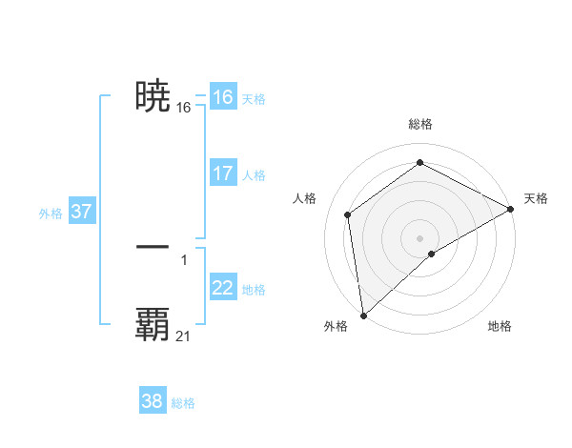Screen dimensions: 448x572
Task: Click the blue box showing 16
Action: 222,97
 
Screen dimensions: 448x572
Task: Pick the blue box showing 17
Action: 222,173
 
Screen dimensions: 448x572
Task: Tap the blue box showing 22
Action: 222,288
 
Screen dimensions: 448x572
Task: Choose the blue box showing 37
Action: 81,212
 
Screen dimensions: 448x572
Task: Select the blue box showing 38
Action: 153,401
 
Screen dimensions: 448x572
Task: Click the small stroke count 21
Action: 183,336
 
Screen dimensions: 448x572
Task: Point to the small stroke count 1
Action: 183,259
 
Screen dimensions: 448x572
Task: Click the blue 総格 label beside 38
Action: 183,403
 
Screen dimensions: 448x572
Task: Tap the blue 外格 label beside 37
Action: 51,214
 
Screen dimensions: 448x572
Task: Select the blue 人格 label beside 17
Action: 254,175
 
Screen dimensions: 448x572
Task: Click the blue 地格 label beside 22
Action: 254,290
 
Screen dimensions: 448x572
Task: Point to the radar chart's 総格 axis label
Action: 420,124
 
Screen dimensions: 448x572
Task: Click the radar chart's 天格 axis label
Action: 536,198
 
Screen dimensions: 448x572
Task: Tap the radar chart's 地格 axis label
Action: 500,326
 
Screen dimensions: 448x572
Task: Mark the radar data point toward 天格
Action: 511,209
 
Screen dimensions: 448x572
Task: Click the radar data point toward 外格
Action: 363,315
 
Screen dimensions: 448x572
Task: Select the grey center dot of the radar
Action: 420,237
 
